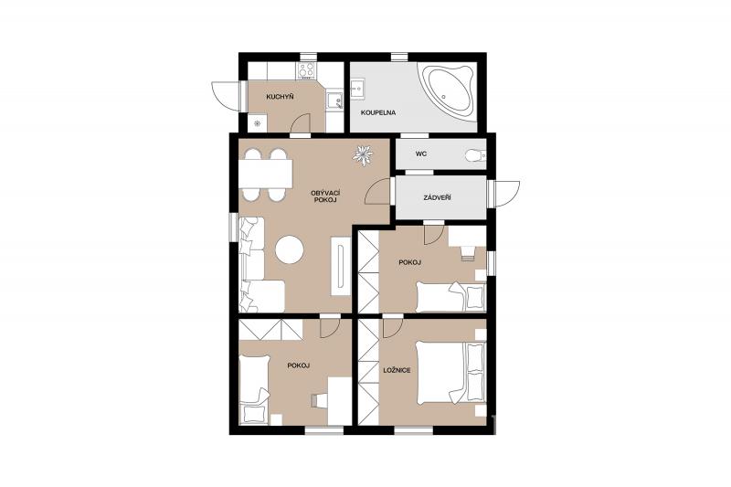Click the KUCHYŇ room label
click(280, 97)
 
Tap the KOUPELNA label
click(378, 112)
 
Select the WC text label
click(421, 154)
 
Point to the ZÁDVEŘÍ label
click(438, 197)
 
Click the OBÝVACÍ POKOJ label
click(324, 196)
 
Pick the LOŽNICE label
click(397, 370)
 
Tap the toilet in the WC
click(475, 154)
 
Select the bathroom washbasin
click(358, 89)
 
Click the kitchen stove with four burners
click(306, 71)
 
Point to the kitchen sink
click(334, 101)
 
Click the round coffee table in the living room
click(290, 249)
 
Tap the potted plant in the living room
click(363, 155)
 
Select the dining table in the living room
click(266, 174)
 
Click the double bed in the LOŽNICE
click(450, 373)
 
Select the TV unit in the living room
click(341, 266)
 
